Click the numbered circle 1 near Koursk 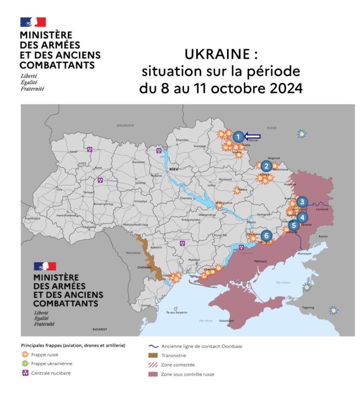coord(238,137)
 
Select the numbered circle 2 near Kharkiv coord(267,166)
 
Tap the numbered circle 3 coord(302,201)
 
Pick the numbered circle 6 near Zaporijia coord(266,236)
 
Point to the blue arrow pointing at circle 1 coord(253,137)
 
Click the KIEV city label coord(173,169)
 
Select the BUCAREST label coord(100,329)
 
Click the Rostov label coord(323,237)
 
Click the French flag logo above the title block coord(33,22)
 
